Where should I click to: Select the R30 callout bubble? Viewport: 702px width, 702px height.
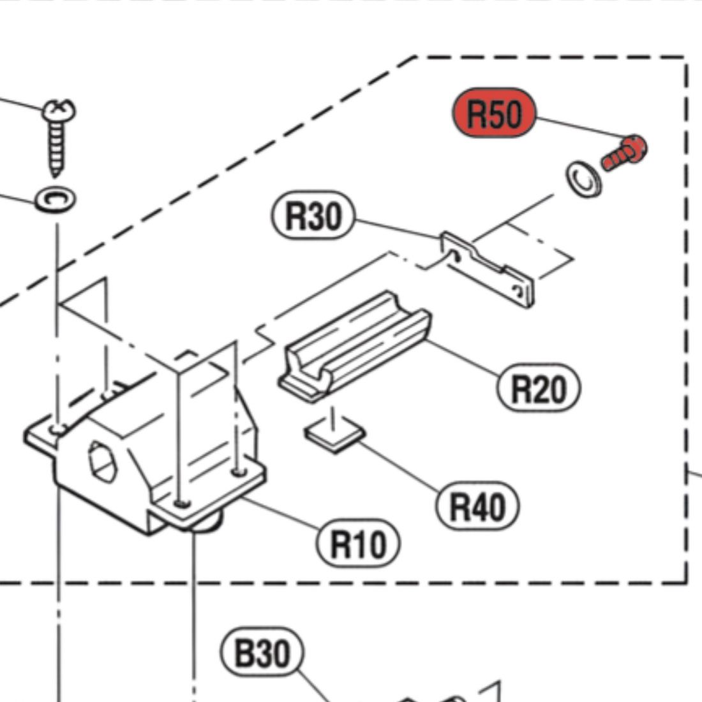pos(313,217)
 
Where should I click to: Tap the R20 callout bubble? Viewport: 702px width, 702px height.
pos(538,387)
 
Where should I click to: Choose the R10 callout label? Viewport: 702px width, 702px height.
pos(359,544)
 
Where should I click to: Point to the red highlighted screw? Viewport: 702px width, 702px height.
pos(624,153)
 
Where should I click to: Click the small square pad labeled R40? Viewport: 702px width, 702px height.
pos(334,436)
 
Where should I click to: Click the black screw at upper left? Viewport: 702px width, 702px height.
pos(58,140)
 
